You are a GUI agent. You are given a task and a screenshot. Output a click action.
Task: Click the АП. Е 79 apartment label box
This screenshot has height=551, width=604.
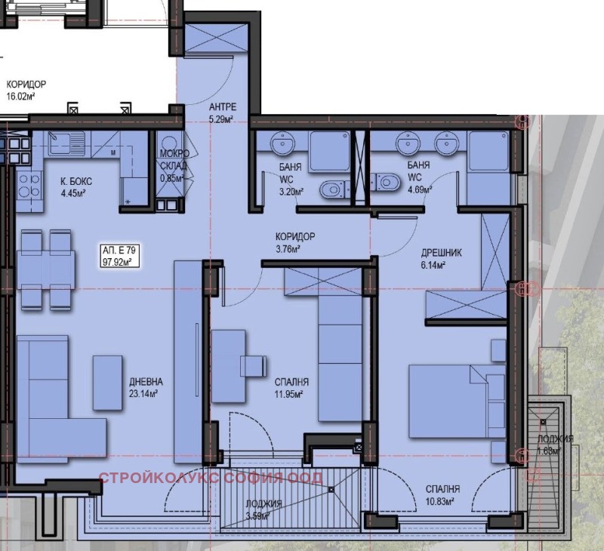pyautogui.click(x=119, y=256)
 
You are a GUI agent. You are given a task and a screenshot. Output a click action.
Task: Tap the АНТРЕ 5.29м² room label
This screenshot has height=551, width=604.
pyautogui.click(x=222, y=112)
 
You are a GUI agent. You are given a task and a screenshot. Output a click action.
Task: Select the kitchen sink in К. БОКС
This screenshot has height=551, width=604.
pyautogui.click(x=66, y=143)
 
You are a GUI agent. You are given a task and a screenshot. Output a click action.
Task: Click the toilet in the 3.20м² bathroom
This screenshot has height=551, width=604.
pyautogui.click(x=332, y=189)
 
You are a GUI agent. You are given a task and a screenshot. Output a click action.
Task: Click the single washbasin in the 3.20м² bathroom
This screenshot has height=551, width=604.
pyautogui.click(x=282, y=143)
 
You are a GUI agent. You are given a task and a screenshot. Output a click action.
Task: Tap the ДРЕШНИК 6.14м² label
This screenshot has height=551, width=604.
pyautogui.click(x=441, y=259)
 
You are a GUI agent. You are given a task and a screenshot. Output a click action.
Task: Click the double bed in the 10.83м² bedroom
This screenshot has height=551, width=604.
pyautogui.click(x=457, y=402)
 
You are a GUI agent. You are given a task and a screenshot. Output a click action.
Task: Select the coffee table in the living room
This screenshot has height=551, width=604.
pyautogui.click(x=107, y=383)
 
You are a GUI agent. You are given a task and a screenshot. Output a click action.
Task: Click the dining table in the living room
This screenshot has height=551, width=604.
pyautogui.click(x=46, y=270)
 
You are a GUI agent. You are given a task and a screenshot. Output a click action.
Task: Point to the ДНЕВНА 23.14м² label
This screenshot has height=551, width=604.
pyautogui.click(x=146, y=388)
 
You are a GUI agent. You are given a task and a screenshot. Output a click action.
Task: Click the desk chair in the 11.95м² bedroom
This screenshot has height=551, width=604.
pyautogui.click(x=254, y=366)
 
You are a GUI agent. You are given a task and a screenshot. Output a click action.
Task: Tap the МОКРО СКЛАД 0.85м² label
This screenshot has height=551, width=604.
pyautogui.click(x=174, y=165)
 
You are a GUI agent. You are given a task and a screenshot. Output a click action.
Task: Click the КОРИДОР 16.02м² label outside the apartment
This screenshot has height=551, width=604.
pyautogui.click(x=26, y=90)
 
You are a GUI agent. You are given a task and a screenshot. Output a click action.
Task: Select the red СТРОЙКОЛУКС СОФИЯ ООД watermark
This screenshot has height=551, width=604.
pyautogui.click(x=211, y=478)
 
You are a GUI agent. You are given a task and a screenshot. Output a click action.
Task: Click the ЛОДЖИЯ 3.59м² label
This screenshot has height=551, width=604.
pyautogui.click(x=263, y=509)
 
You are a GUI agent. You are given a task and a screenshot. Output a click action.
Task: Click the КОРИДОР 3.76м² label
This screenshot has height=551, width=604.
pyautogui.click(x=295, y=242)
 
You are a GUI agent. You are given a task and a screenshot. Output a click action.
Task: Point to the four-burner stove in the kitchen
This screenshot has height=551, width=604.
pyautogui.click(x=29, y=185)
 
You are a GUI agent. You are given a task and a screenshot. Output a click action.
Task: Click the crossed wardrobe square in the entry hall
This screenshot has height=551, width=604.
pyautogui.click(x=216, y=38)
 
